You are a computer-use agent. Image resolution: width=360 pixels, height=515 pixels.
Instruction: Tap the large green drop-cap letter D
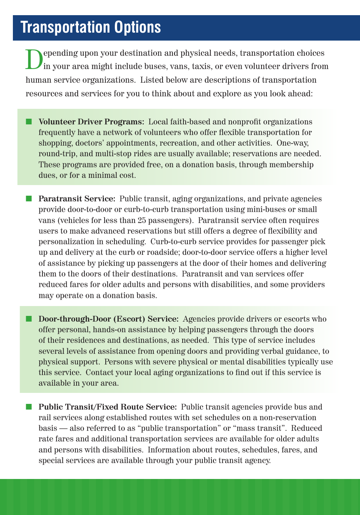(34, 60)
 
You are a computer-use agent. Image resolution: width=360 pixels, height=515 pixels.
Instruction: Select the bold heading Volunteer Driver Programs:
(91, 122)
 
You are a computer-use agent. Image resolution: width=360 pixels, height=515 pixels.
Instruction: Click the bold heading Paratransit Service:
(77, 199)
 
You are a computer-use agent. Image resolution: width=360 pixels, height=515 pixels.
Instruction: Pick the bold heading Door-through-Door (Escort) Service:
(108, 319)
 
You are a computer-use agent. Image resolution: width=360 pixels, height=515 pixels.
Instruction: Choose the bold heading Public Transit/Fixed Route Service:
(108, 407)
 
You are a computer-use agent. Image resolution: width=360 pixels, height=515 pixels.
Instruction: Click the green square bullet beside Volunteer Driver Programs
(29, 121)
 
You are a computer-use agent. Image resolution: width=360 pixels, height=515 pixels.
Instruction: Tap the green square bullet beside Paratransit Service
(29, 198)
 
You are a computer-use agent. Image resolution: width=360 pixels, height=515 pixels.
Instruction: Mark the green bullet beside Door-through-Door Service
(29, 319)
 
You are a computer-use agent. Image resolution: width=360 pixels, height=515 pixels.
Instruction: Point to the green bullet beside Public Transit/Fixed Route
(29, 407)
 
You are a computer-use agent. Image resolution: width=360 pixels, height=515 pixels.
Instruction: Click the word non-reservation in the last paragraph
(288, 418)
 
